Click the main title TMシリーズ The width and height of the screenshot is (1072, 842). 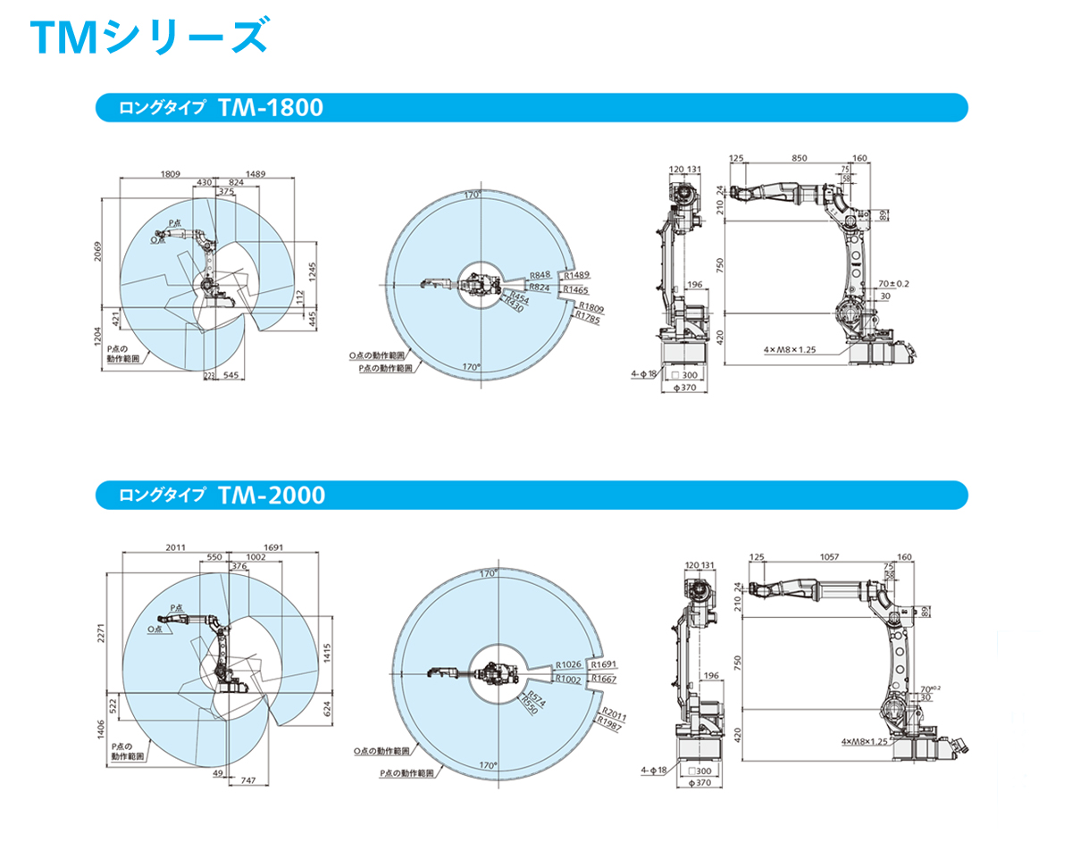147,38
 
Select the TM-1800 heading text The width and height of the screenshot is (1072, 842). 269,108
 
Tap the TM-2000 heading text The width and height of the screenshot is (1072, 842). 270,495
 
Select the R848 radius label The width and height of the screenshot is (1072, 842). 540,275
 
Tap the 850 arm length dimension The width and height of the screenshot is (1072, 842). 799,158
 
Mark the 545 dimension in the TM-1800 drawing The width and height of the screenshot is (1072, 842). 230,376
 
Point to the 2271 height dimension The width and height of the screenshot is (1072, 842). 101,631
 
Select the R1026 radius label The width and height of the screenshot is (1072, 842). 568,664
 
